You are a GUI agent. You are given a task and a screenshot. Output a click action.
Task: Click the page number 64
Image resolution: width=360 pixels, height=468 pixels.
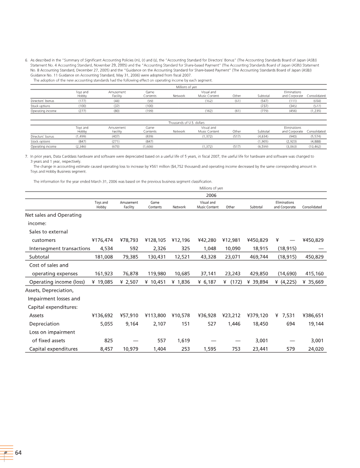18,452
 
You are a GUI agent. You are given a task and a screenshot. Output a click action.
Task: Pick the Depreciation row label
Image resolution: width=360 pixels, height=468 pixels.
44,323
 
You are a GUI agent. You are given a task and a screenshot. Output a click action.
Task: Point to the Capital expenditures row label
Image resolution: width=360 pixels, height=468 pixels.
53,349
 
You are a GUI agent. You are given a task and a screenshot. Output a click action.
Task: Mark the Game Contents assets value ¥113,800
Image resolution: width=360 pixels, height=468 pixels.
155,315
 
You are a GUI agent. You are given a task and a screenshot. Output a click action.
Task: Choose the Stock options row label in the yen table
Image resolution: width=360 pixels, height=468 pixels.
39,106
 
